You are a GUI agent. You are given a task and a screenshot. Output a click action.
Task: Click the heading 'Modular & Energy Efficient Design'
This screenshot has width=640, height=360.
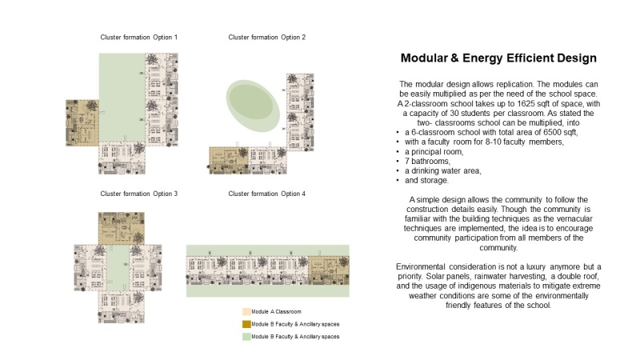point(498,58)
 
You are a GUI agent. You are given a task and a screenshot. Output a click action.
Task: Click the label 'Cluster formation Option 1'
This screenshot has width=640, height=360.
point(139,38)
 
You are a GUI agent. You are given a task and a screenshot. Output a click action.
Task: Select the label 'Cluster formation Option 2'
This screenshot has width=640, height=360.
point(267,38)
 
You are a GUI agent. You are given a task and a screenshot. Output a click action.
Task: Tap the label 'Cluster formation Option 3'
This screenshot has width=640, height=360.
point(139,194)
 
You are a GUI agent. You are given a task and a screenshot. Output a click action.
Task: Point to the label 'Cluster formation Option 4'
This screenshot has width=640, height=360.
point(267,194)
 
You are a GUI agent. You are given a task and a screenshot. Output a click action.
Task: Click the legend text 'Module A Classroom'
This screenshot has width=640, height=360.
point(279,310)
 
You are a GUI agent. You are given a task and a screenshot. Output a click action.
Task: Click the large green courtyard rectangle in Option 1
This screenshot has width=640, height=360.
point(121,88)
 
